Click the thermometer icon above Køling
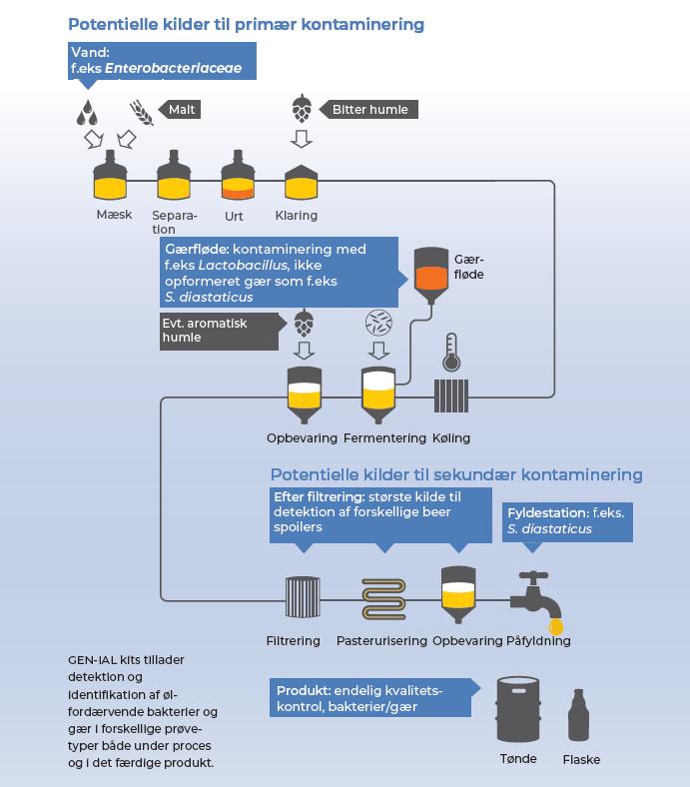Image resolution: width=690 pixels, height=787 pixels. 450,355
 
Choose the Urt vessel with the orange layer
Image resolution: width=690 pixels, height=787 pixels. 238,177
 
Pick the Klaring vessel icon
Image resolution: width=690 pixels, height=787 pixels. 302,180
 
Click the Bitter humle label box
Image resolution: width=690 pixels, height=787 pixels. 369,109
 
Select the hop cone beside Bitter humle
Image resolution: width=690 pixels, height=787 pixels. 301,107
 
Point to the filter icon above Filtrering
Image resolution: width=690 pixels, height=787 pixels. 301,597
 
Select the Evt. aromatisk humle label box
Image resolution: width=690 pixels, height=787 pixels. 219,331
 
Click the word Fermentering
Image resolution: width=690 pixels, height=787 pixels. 383,437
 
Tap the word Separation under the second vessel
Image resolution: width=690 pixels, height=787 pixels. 175,222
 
